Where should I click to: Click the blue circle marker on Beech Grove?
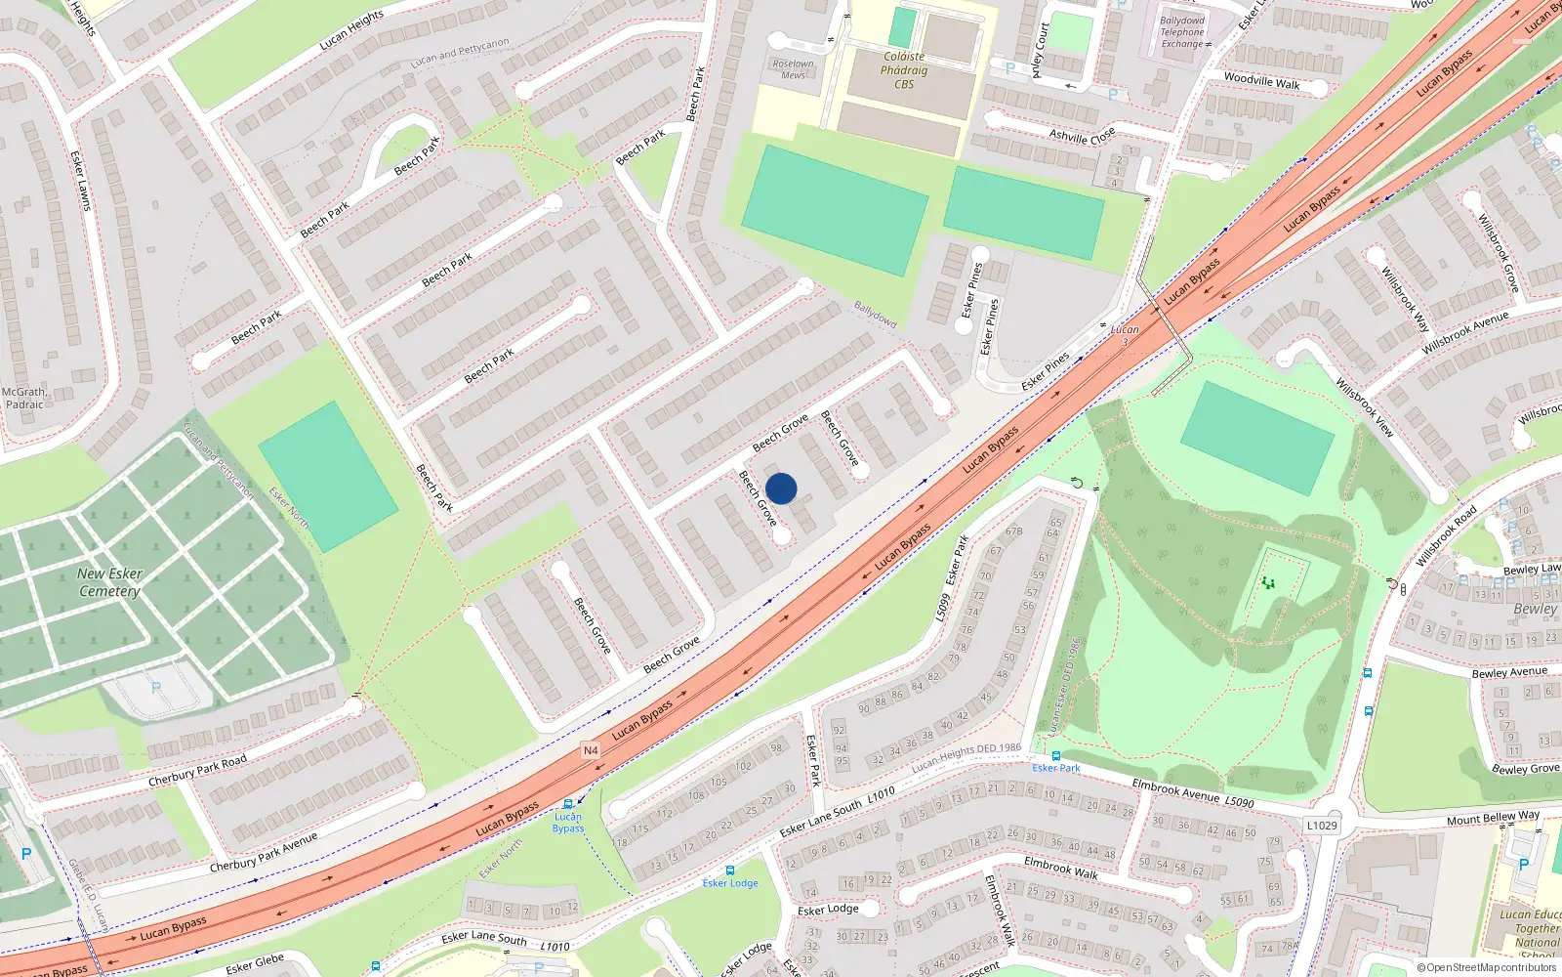781,488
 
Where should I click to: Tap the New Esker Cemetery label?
109,582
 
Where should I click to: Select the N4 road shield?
590,750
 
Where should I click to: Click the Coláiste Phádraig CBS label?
904,70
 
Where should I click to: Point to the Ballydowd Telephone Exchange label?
1183,32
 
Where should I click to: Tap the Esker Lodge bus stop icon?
729,870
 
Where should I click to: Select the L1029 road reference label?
1322,826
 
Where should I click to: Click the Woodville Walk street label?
1261,81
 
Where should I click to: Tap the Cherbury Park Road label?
197,771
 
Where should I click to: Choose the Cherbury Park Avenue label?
264,852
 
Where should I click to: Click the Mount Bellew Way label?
1493,818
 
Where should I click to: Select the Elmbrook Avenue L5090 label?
1193,794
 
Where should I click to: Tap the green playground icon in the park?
1268,583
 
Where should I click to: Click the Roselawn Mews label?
793,69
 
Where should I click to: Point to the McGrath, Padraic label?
24,398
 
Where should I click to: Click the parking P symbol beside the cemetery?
156,688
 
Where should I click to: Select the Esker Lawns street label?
81,181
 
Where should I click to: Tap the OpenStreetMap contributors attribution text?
1486,967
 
